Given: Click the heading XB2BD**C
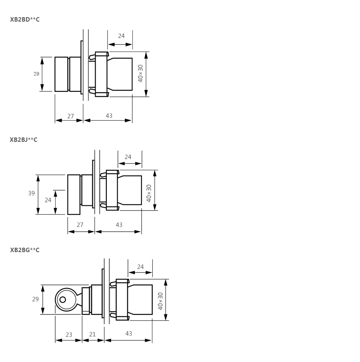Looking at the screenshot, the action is click(25, 20).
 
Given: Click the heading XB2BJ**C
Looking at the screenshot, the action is click(24, 140).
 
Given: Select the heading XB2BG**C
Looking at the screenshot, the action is click(25, 250).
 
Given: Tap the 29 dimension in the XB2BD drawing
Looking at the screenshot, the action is click(36, 74).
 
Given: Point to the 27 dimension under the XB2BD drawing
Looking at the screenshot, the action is click(70, 116).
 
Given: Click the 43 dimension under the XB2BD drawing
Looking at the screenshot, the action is click(109, 115).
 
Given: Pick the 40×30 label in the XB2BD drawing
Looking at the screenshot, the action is click(140, 74).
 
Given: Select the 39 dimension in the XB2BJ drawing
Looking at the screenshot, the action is click(31, 193).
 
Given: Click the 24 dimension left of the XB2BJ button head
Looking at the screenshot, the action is click(48, 200).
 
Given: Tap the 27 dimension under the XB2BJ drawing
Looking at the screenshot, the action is click(80, 225).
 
